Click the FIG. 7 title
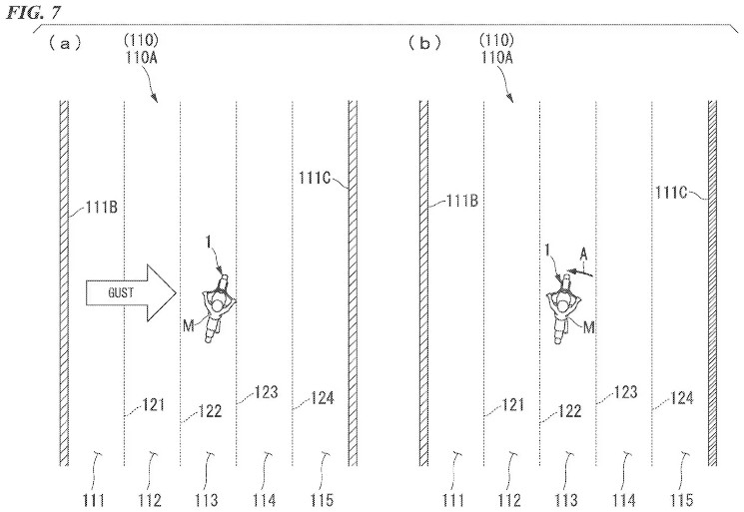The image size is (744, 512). (34, 12)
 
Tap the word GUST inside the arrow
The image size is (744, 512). (121, 293)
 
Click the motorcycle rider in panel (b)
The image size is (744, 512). (563, 309)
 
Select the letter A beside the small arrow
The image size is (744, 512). (583, 256)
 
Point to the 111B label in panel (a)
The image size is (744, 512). (102, 208)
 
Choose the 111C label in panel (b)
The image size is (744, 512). (671, 192)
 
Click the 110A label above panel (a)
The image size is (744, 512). (142, 57)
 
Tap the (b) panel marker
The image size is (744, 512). (424, 44)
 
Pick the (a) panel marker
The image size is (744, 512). (65, 44)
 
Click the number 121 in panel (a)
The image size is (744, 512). (154, 405)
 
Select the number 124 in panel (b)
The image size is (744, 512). (682, 398)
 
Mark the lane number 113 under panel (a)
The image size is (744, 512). (207, 500)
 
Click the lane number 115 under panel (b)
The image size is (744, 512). (682, 500)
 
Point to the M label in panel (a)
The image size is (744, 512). (189, 325)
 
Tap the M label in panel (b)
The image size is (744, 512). (588, 327)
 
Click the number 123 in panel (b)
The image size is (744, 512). (625, 392)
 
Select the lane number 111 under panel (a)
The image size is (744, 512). (93, 500)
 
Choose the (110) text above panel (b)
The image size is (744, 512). (496, 39)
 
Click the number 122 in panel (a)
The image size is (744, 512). (210, 410)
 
